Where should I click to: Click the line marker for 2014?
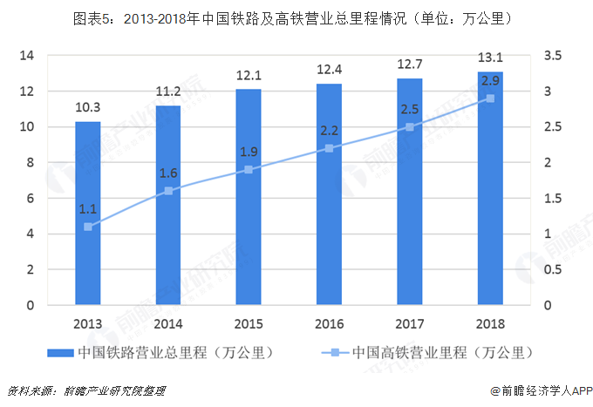point(168,191)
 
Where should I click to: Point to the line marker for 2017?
point(409,127)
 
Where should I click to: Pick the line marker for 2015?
point(249,170)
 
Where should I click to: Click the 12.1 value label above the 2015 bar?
point(249,76)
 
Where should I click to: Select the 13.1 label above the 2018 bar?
point(490,58)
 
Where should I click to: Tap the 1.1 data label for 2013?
point(87,209)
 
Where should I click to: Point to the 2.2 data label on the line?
point(329,131)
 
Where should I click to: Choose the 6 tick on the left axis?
point(31,199)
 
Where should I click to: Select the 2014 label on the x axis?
point(168,324)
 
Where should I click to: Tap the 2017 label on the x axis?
point(409,324)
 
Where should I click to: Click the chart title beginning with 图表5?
point(297,17)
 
